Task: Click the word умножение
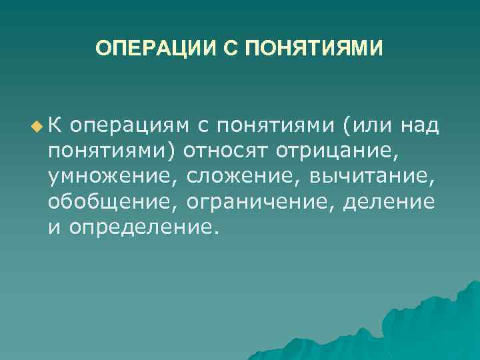pos(112,176)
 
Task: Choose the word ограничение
pos(261,202)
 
